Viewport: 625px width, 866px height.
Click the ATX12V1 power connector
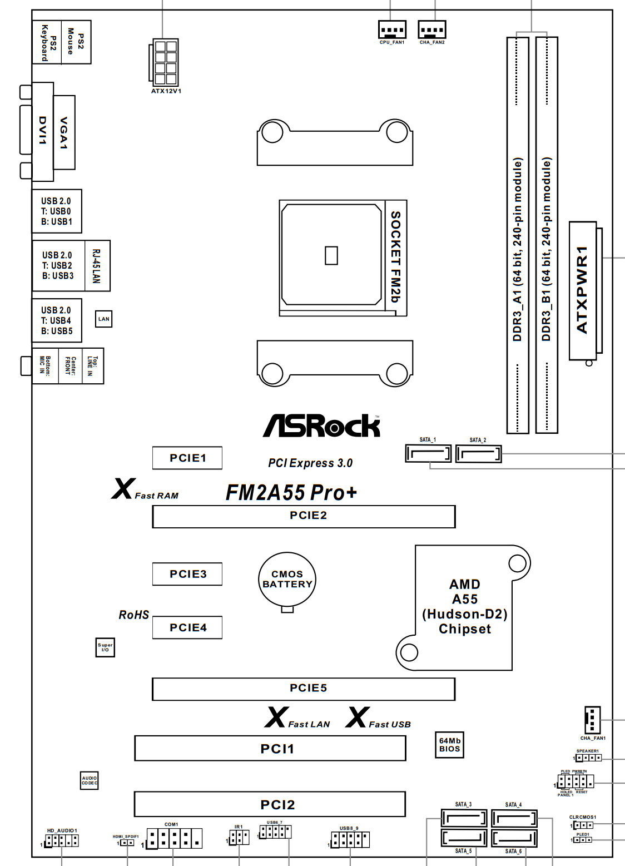165,62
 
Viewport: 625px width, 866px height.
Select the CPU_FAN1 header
392,29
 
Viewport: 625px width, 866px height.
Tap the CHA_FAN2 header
432,29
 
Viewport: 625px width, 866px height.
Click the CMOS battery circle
287,579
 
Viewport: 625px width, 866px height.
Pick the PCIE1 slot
187,458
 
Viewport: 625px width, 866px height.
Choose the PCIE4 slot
187,627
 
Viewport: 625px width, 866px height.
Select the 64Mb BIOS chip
449,745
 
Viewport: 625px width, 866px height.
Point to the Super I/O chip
105,647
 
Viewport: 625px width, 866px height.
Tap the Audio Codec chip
89,780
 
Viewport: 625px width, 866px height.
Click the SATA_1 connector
428,454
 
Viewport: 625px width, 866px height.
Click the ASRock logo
321,425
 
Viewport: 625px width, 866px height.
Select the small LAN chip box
104,319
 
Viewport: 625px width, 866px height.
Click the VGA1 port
64,132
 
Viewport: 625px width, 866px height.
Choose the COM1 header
174,838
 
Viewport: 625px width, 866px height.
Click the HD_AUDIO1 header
62,840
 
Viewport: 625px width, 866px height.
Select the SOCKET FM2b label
395,257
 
